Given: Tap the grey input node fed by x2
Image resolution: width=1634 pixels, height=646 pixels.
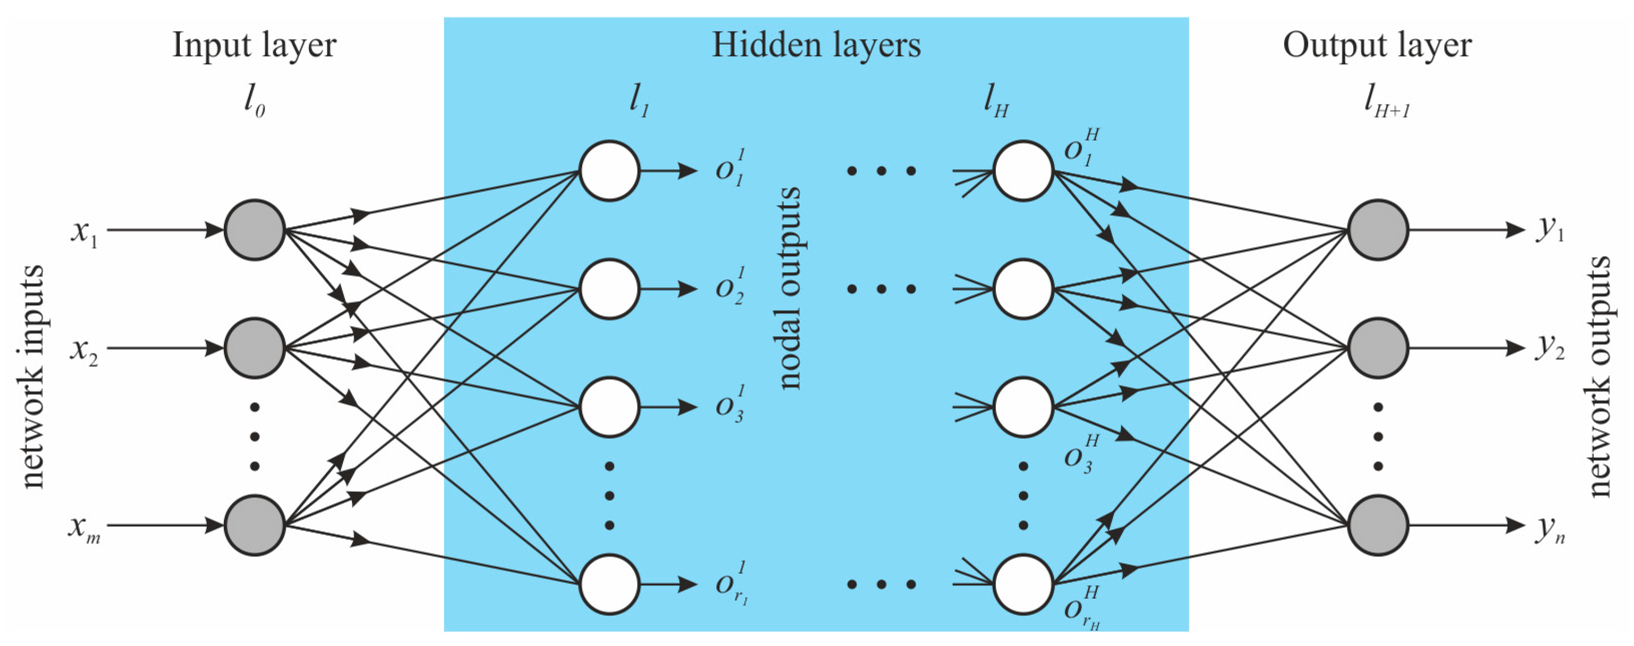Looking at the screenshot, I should point(254,348).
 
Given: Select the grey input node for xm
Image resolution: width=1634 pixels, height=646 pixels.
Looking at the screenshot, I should point(254,525).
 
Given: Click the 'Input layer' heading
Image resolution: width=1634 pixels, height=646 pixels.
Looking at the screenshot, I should point(254,46).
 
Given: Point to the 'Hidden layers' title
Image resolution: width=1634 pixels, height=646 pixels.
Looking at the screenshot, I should point(816,46).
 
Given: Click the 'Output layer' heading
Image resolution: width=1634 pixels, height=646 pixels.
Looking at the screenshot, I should point(1377,46).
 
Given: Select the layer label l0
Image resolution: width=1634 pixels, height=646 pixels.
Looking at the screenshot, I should point(254,103).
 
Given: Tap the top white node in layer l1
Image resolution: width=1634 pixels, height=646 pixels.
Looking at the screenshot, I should point(609,171).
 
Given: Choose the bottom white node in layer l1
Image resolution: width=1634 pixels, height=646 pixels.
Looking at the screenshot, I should point(609,584).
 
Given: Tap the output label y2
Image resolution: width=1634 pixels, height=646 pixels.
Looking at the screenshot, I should point(1549,348).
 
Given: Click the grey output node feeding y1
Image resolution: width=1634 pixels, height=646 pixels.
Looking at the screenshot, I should point(1378,230).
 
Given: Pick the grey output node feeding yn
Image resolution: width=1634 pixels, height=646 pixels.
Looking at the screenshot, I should point(1378,525).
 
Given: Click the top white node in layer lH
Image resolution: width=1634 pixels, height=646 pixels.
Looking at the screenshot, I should point(1023,171).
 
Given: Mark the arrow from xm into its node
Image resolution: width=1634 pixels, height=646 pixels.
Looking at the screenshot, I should point(165,525).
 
